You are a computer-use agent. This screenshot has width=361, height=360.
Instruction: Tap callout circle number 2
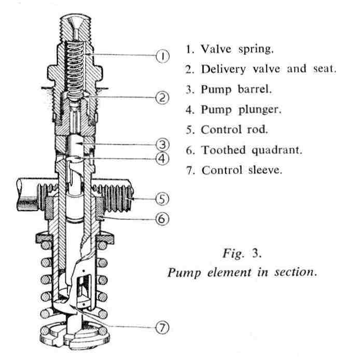163,98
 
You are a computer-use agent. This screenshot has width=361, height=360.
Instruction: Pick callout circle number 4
163,159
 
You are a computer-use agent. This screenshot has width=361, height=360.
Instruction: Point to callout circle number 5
163,198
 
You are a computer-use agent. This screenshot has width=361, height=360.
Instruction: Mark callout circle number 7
163,327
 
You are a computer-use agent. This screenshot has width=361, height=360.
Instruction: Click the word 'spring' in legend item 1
255,50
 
